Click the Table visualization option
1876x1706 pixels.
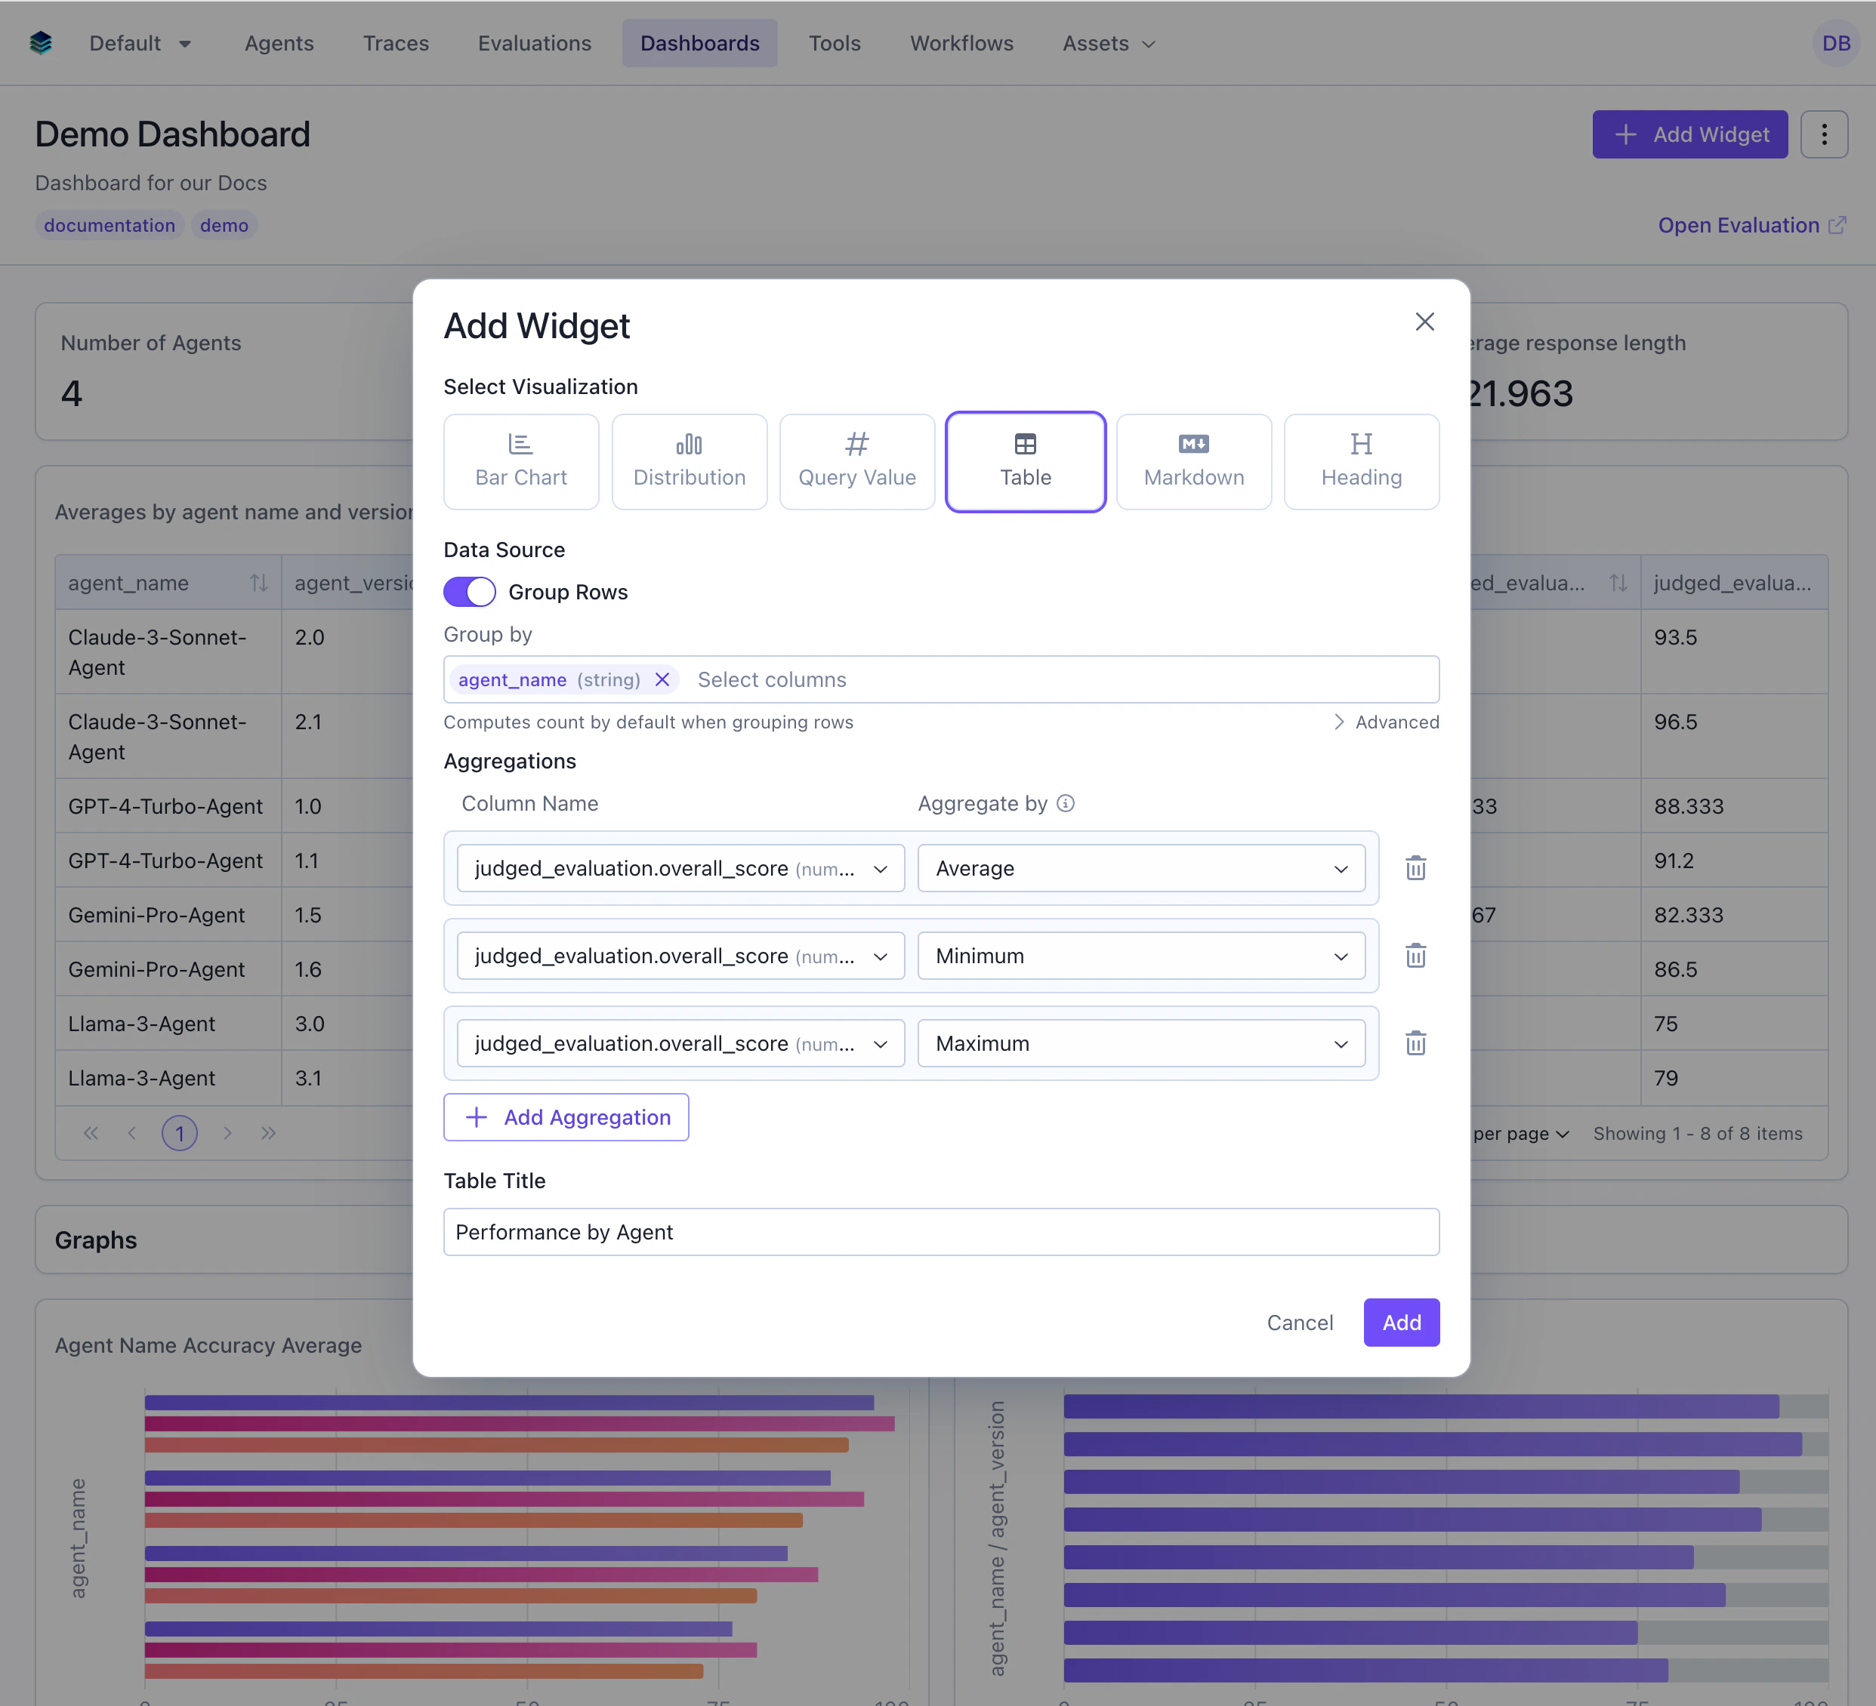(x=1025, y=461)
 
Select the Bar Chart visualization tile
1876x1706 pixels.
(x=520, y=461)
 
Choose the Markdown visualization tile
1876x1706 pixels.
(x=1193, y=461)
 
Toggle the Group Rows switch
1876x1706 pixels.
(x=469, y=592)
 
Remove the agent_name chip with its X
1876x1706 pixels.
(x=662, y=679)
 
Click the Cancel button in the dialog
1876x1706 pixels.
(x=1299, y=1322)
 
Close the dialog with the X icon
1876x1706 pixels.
(x=1424, y=322)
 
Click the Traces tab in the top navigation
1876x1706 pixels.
(x=396, y=44)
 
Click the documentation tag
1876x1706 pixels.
(x=109, y=225)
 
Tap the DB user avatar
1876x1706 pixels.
(x=1835, y=44)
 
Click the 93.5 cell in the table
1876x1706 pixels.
(x=1675, y=637)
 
